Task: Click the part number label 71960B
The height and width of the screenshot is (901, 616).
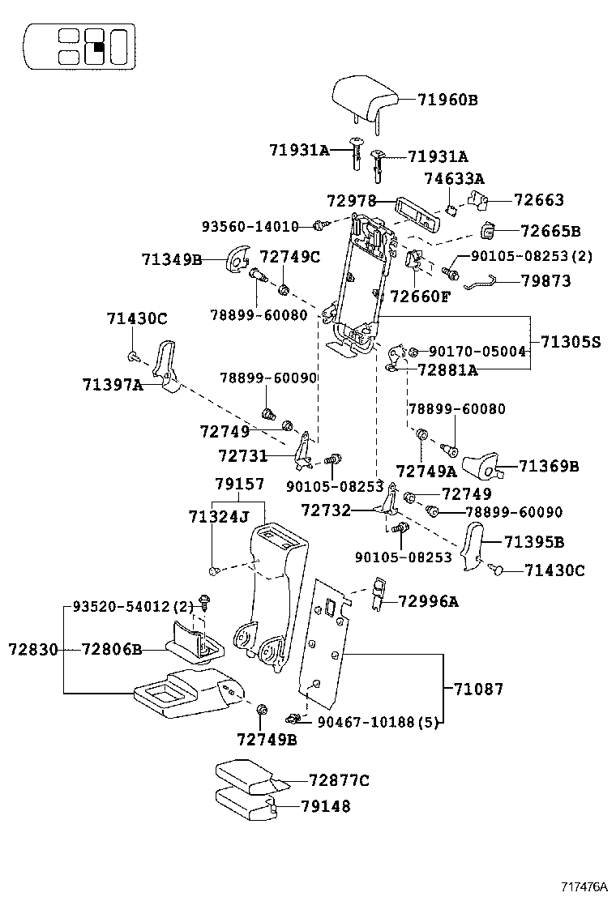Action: click(x=448, y=100)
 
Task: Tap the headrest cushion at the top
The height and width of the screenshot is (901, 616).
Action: click(x=364, y=98)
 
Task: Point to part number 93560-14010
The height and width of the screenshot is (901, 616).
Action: click(x=250, y=226)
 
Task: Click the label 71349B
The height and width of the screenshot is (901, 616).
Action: click(x=171, y=259)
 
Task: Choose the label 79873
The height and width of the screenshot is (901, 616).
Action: click(x=546, y=281)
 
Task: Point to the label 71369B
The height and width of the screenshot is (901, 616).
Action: click(x=549, y=466)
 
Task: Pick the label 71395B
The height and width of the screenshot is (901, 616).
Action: click(x=534, y=541)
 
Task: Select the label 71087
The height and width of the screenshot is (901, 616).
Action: click(x=478, y=689)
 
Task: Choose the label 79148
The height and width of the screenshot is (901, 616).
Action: click(x=325, y=806)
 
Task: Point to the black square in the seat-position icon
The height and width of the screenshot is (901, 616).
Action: click(x=96, y=47)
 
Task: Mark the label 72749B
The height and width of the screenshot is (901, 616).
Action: click(x=267, y=738)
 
